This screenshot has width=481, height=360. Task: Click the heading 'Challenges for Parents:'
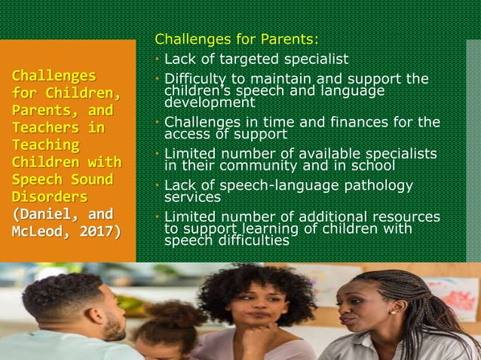[237, 38]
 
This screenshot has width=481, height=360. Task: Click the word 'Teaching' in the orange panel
[45, 145]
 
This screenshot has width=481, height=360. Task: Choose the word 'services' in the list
[192, 197]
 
